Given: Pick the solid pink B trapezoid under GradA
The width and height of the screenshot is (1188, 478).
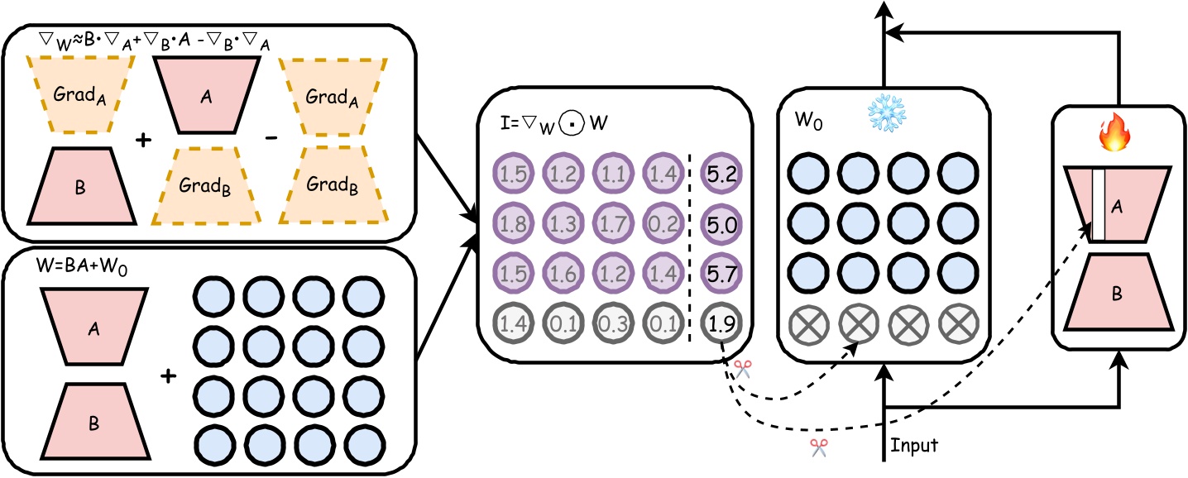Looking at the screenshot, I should (x=79, y=186).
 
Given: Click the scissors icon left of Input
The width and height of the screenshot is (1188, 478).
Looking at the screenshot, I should (x=819, y=447).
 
